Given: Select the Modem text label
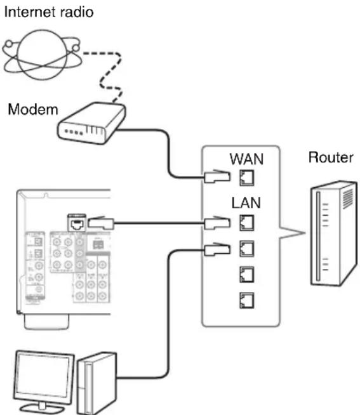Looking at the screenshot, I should (32, 110).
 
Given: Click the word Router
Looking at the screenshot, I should (330, 157).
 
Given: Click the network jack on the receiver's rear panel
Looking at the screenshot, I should (77, 223).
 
